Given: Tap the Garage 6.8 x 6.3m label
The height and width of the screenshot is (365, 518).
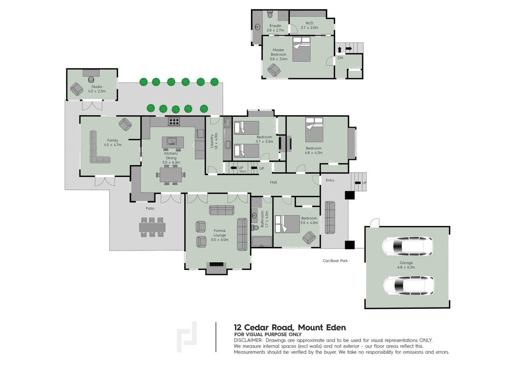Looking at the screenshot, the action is (406, 265).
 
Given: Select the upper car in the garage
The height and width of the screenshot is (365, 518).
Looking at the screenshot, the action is (407, 246).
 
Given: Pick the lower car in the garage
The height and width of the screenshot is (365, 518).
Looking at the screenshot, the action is (409, 286).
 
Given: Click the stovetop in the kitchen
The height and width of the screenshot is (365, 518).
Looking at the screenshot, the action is (174, 121).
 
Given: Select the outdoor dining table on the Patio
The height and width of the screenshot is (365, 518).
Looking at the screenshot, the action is (152, 227).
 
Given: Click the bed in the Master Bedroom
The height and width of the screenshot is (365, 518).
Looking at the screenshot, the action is (301, 49).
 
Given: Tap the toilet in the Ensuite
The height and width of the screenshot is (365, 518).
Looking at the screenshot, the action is (269, 14).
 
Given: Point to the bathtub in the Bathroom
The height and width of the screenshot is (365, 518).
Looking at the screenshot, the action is (262, 242).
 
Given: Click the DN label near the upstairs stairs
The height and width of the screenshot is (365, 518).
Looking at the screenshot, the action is (340, 57).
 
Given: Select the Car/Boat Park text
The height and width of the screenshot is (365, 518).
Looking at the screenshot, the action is (335, 261).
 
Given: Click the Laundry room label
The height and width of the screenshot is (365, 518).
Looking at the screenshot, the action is (214, 141).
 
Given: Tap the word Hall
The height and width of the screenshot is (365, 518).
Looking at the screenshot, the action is (273, 182).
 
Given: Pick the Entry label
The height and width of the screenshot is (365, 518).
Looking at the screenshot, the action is (330, 180).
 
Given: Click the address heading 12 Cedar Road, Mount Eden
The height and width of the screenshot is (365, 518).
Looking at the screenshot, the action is (290, 328).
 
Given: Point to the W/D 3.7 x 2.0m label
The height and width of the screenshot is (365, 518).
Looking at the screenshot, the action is (309, 26).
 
